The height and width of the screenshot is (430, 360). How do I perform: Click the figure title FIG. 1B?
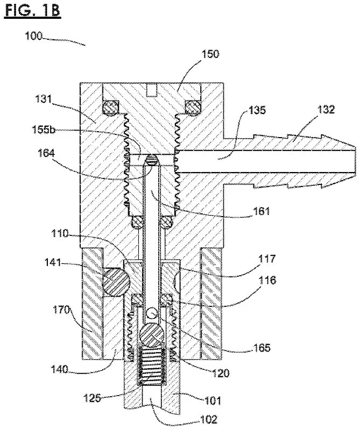click(x=32, y=11)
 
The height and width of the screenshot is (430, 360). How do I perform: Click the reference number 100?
click(x=34, y=36)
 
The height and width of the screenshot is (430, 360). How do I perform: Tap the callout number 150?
click(x=210, y=54)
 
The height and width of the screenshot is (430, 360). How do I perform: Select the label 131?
click(x=44, y=99)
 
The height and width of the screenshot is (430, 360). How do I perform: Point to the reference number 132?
click(x=326, y=109)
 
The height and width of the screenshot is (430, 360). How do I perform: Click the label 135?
click(x=257, y=110)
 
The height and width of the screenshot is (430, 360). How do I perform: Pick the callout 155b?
click(x=44, y=129)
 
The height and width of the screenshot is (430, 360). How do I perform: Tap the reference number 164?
click(x=46, y=153)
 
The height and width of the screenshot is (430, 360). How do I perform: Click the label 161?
click(x=261, y=211)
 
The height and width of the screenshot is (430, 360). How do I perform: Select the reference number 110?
click(x=60, y=233)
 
